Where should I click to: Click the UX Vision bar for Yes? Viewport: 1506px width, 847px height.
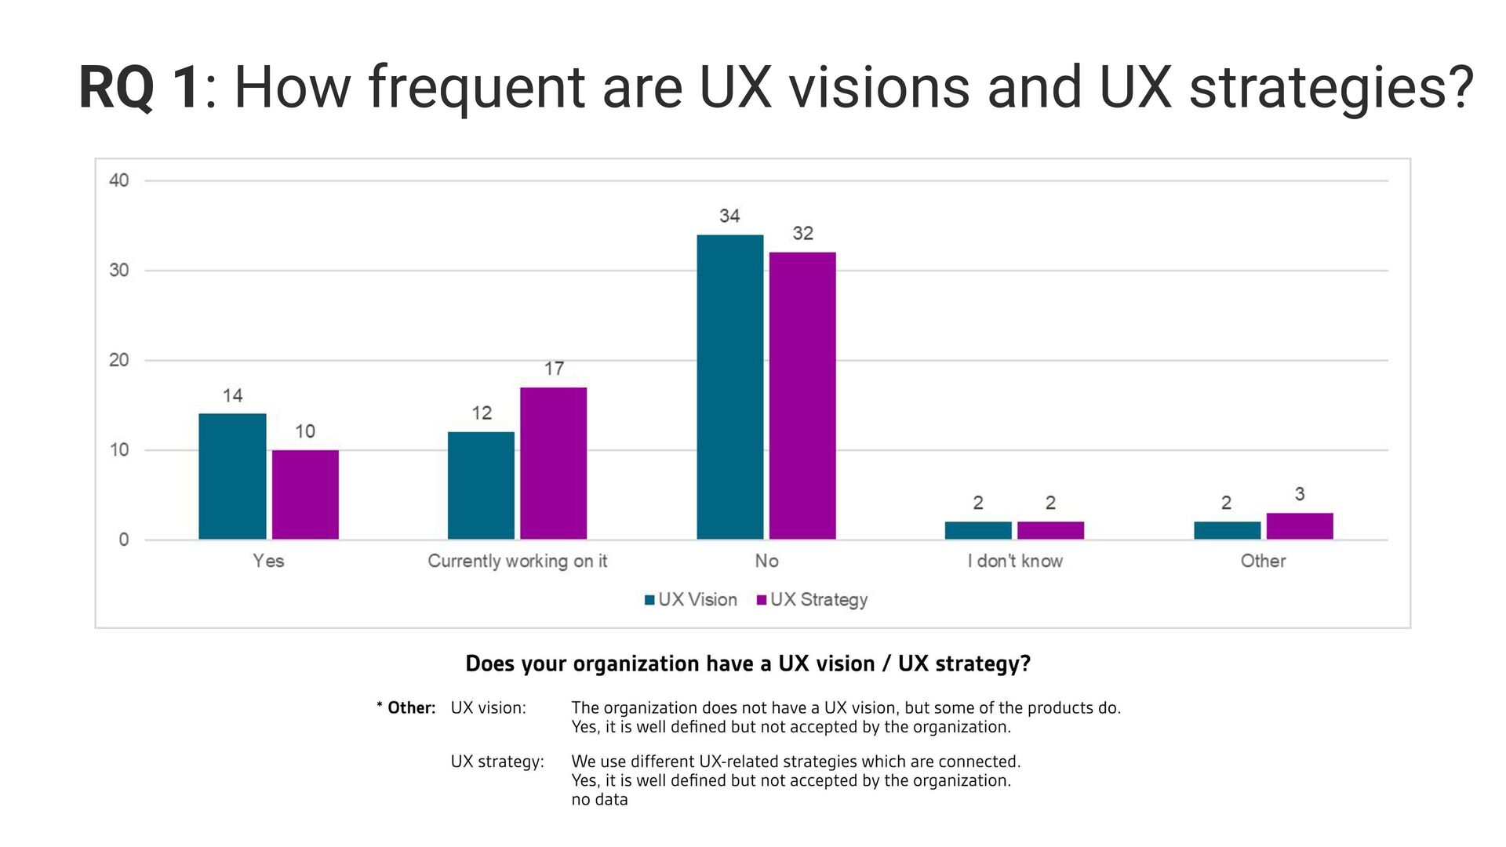[x=232, y=476]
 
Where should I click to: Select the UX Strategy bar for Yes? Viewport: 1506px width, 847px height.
[x=305, y=494]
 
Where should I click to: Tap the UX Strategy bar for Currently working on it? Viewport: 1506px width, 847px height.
[x=553, y=463]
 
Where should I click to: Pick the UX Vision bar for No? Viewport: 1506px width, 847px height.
[x=729, y=387]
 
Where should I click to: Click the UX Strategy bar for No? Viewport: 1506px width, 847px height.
[x=802, y=395]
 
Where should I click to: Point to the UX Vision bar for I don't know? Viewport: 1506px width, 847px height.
[x=977, y=530]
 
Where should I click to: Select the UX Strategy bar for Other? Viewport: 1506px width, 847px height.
[x=1299, y=525]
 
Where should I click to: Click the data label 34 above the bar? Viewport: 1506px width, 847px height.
[x=729, y=216]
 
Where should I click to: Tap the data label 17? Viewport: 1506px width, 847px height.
[x=554, y=369]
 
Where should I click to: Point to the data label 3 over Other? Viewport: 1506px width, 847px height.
[x=1300, y=494]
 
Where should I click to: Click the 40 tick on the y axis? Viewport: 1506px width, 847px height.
[x=119, y=180]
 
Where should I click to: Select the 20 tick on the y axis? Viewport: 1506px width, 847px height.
[x=119, y=360]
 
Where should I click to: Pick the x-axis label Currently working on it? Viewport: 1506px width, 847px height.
[x=517, y=561]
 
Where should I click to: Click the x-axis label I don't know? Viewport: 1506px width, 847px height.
[x=1014, y=561]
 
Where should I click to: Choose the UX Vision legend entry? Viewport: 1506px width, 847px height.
[x=690, y=600]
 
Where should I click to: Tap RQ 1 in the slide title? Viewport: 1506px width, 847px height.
[x=140, y=88]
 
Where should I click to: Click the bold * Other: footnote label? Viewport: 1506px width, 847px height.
[x=406, y=707]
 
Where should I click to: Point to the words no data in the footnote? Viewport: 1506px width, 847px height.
[x=599, y=800]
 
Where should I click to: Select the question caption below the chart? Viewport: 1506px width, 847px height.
[x=748, y=663]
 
